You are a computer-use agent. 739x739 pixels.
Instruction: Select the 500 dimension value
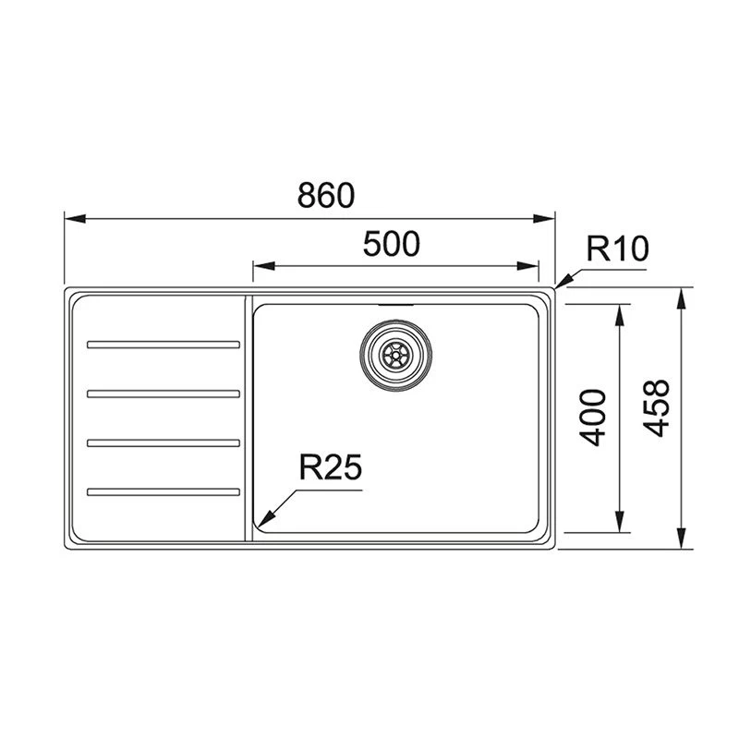(391, 244)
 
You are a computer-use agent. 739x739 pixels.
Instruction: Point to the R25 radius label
(328, 468)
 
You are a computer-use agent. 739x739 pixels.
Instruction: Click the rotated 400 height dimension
(596, 418)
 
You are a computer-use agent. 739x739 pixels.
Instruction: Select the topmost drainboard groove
(163, 345)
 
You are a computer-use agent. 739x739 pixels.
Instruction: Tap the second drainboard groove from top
(163, 394)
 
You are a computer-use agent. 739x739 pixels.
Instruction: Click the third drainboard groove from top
(163, 442)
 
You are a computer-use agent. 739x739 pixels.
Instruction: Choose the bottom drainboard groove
(163, 490)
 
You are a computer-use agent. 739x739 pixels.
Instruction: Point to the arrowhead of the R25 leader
(261, 520)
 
